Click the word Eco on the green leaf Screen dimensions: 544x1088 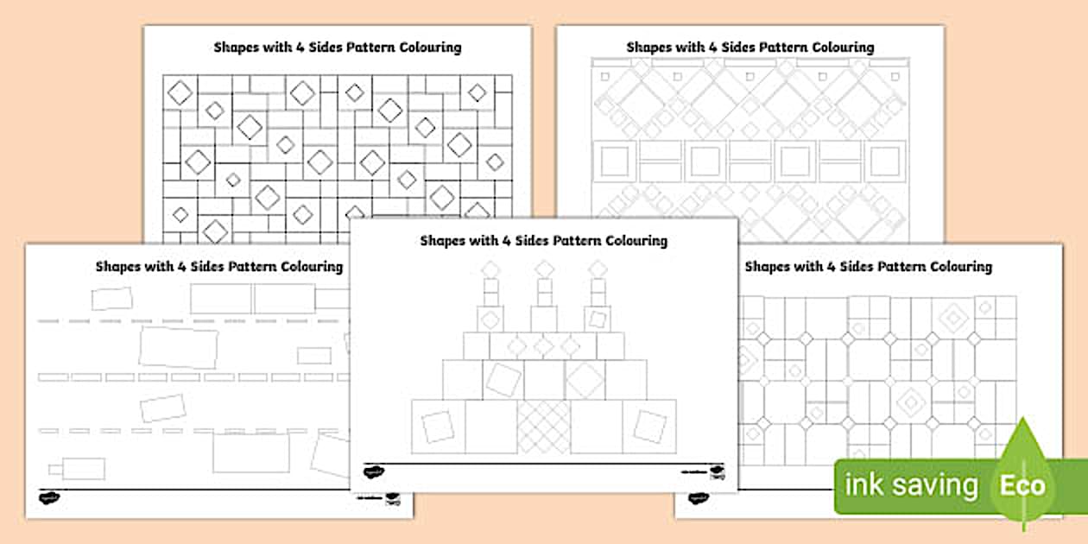(x=1023, y=485)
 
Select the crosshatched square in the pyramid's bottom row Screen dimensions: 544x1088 (x=544, y=427)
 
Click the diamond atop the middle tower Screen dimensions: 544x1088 (x=544, y=269)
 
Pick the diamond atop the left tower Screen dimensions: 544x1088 (x=490, y=269)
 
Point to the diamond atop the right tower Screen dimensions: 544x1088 (x=598, y=269)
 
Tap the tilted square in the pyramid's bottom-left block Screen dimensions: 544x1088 (x=438, y=426)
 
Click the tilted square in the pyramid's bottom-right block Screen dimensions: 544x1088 (x=650, y=426)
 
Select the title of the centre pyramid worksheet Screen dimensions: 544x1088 (x=543, y=240)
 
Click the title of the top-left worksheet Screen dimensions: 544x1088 (x=337, y=47)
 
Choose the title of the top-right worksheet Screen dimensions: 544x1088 (x=750, y=47)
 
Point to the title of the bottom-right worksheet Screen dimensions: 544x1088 (x=868, y=266)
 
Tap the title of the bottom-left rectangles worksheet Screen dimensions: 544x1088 (x=218, y=266)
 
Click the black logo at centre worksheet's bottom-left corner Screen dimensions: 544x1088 (x=373, y=471)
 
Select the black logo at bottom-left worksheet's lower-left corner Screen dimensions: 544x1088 (x=49, y=497)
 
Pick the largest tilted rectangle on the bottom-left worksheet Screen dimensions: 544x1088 (x=179, y=347)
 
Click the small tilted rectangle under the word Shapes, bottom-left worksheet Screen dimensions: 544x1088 (x=112, y=299)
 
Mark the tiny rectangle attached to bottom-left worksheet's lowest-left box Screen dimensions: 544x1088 (x=54, y=470)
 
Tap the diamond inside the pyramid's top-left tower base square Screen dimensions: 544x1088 (x=490, y=319)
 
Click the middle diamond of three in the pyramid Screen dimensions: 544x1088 (x=544, y=346)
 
